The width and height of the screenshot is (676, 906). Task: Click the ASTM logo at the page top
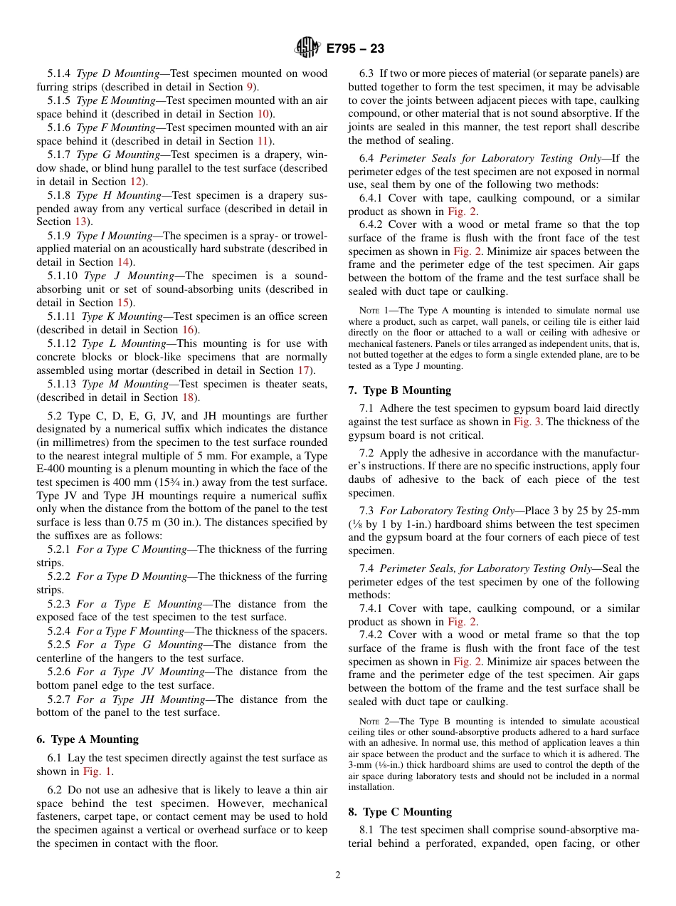point(308,48)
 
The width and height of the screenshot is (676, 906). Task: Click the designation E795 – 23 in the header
point(355,48)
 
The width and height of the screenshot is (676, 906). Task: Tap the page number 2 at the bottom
point(338,875)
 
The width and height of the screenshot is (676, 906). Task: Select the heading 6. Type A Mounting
point(88,739)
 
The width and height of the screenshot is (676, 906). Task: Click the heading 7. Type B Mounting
point(399,390)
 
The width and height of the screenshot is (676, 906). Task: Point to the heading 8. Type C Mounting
point(400,812)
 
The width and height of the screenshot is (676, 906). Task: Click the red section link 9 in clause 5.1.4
point(250,87)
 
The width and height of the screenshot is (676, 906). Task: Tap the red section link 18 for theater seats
point(188,397)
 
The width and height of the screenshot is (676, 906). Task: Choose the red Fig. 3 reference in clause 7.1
point(527,422)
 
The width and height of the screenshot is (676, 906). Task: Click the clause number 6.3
point(366,73)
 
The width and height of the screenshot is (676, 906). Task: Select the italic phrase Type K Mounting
point(122,316)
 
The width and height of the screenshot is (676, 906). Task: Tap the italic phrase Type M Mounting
point(125,384)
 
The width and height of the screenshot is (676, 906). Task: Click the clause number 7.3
point(366,511)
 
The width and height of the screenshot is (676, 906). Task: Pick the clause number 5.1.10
point(63,276)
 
